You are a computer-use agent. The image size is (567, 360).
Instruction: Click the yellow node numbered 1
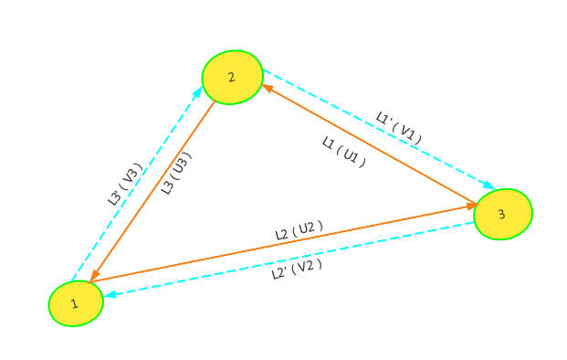coord(76,303)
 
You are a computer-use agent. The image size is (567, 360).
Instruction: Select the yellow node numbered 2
coord(232,77)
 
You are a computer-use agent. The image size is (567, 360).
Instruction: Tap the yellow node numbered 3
coord(502,214)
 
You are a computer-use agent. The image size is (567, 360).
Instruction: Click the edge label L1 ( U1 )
coord(344,152)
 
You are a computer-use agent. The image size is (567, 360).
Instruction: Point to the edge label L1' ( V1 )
coord(399,126)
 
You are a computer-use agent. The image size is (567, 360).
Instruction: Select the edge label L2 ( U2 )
coord(299,231)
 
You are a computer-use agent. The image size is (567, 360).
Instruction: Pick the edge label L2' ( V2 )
coord(297,269)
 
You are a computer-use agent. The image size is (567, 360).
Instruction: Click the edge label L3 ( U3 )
coord(176,174)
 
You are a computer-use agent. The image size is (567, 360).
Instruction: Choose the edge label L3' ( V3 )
coord(124,185)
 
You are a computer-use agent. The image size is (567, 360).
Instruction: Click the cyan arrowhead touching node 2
coord(198,92)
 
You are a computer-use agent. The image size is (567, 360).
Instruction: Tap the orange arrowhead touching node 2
coord(268,89)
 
